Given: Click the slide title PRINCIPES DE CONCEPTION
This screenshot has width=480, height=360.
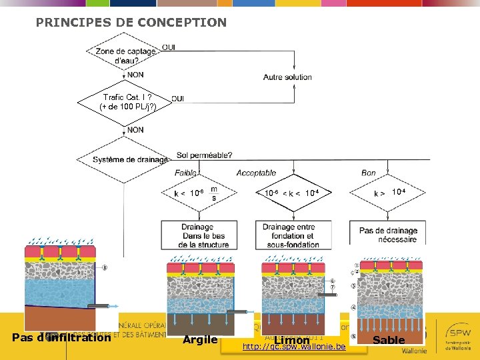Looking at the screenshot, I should tap(131, 23).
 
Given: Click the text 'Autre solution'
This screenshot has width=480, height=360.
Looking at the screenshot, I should tap(287, 77).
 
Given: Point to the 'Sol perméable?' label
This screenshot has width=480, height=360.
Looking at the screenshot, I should tap(204, 155).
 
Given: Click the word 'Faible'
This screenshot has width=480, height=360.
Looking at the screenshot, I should tap(187, 173).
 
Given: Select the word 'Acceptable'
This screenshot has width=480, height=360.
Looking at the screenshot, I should tap(256, 173).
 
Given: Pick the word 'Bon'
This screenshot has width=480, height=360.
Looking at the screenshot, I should tap(369, 173).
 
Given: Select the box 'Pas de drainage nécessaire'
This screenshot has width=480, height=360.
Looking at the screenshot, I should tap(388, 234).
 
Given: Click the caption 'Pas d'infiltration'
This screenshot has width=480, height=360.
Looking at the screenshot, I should tap(61, 338).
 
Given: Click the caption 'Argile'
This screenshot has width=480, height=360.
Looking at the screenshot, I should tap(200, 340).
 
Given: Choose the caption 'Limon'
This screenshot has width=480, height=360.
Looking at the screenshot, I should tap(292, 340).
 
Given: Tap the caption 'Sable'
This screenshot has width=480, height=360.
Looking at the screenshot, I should tap(389, 340).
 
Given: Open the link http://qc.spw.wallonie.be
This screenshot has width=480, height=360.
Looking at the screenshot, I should tap(294, 347).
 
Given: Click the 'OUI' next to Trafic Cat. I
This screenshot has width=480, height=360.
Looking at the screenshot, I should tap(178, 99).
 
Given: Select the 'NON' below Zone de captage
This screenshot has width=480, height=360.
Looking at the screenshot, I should tap(135, 75).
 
